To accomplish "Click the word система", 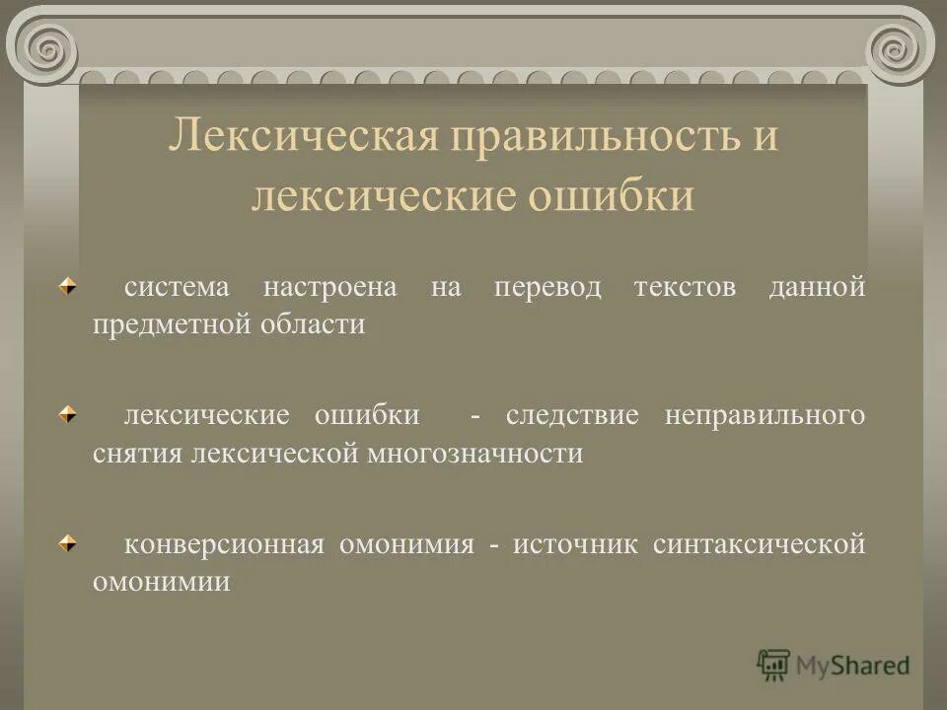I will pyautogui.click(x=177, y=288).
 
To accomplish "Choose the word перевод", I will pyautogui.click(x=534, y=288).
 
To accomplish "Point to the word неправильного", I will pyautogui.click(x=765, y=416).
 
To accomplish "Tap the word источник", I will pyautogui.click(x=576, y=544).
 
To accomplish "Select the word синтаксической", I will pyautogui.click(x=760, y=544).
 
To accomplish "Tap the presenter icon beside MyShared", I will pyautogui.click(x=773, y=664).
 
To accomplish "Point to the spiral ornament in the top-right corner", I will pyautogui.click(x=899, y=45).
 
